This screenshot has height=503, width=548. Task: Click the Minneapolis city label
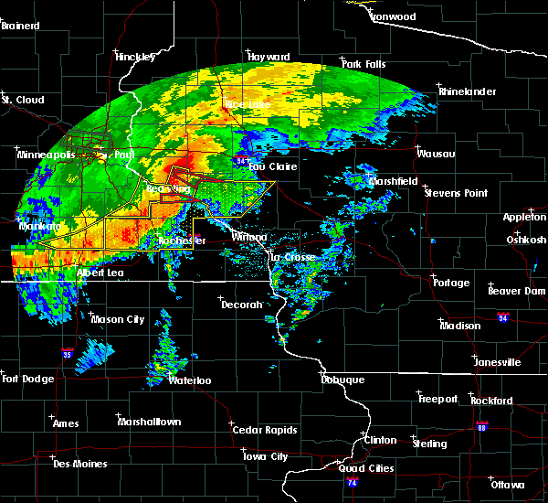point(46,155)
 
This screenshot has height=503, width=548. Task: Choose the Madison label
point(459,326)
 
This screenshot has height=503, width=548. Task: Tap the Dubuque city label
point(342,380)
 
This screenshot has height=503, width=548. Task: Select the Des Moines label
point(79,464)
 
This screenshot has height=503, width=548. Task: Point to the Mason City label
point(117,319)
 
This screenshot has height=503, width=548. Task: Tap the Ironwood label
point(392,16)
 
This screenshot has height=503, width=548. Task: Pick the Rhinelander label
point(467,93)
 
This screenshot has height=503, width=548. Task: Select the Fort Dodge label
point(24,379)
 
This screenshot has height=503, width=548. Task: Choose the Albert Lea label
point(102,273)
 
